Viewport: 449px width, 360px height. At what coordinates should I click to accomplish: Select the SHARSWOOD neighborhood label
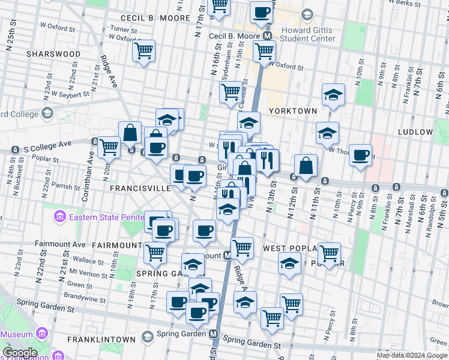pos(53,54)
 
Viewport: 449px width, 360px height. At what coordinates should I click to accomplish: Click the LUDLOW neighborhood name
pos(415,131)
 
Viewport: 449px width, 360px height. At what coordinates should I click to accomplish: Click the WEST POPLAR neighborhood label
pos(286,248)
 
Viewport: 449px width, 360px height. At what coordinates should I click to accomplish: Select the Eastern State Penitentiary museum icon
pos(59,216)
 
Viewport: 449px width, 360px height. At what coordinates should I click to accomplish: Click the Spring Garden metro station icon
pos(214,334)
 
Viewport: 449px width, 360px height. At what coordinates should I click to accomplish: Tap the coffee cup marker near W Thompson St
pos(360,155)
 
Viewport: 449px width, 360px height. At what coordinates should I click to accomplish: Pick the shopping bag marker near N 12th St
pos(306,166)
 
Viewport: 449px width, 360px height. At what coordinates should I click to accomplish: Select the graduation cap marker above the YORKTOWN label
pos(333,94)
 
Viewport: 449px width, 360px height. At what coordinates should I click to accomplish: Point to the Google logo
pos(19,353)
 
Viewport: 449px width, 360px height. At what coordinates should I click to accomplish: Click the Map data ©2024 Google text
pos(411,355)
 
